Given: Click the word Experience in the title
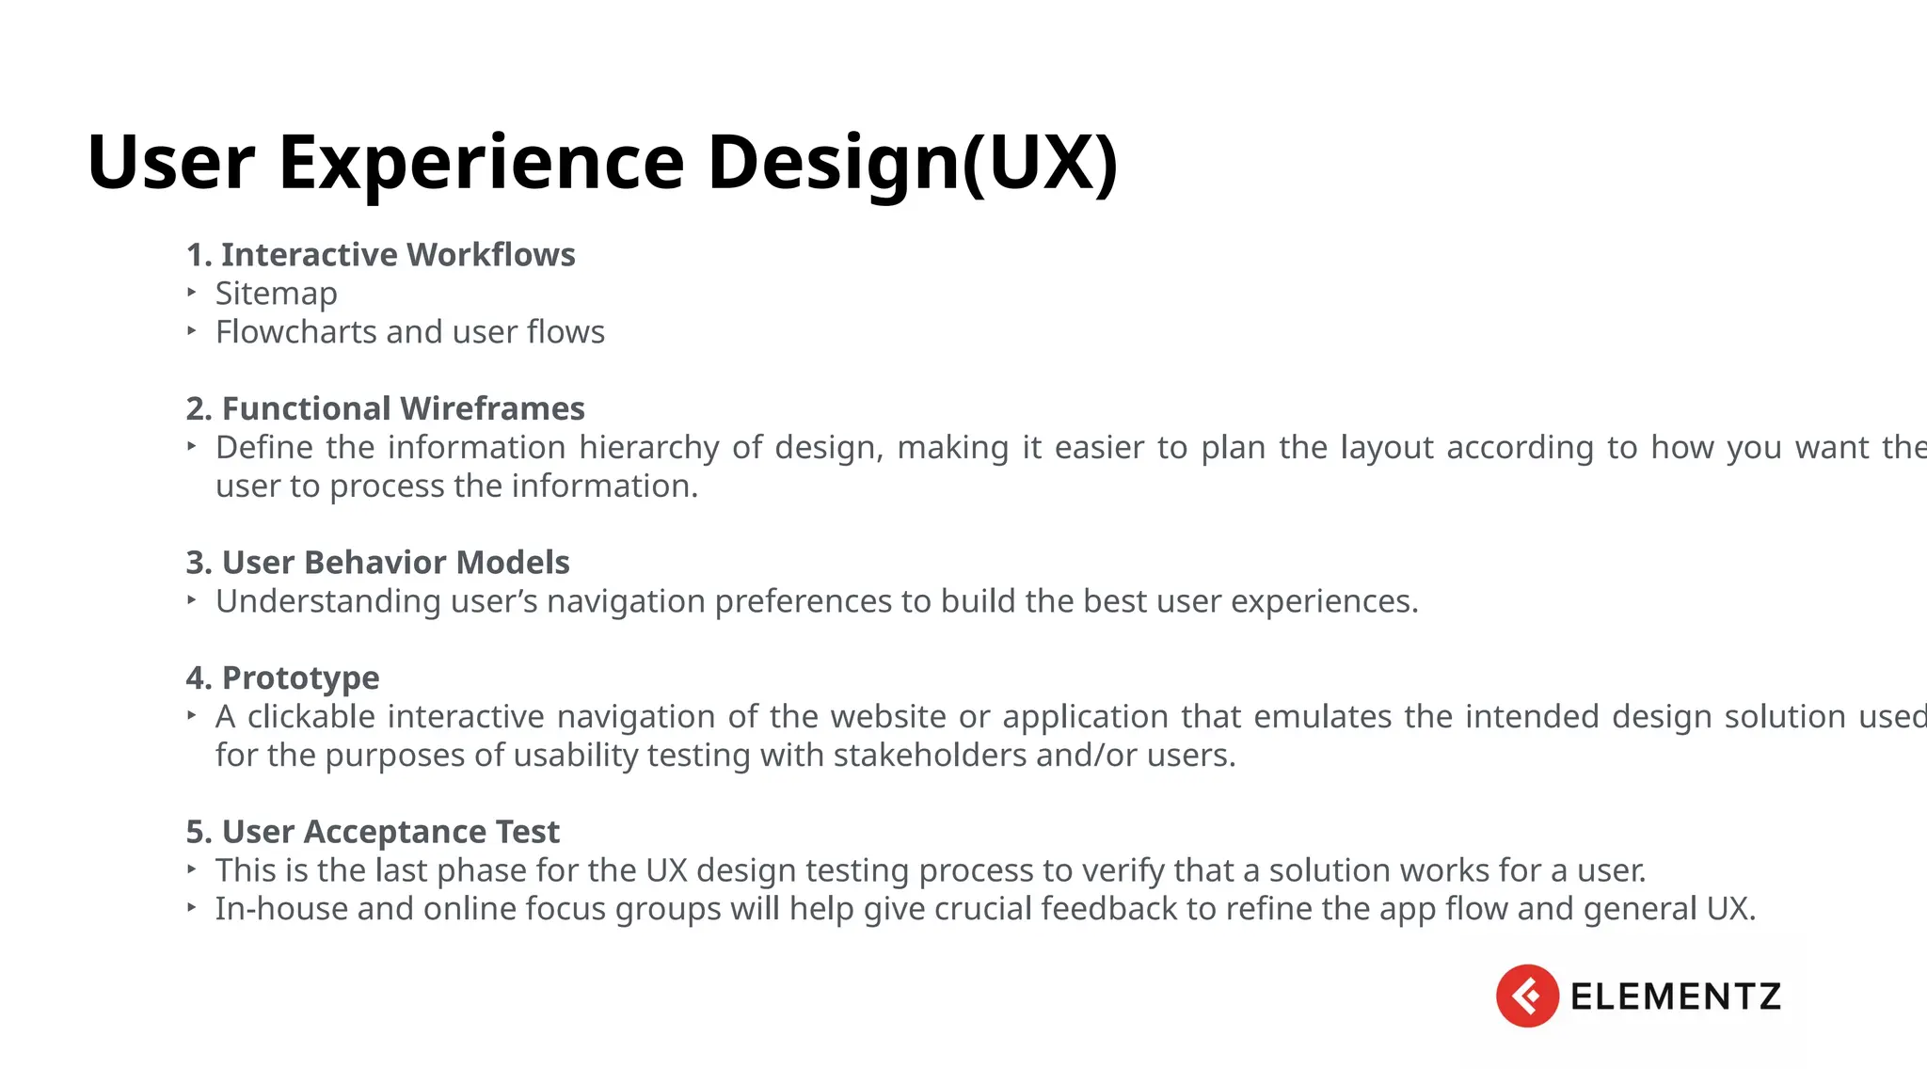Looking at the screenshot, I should point(481,162).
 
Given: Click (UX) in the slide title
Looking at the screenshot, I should point(1039,162).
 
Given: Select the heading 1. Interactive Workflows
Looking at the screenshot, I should point(380,254).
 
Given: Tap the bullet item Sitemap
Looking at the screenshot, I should point(276,294).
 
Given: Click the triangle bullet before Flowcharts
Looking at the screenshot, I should point(192,331).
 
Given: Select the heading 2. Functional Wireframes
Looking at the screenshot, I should point(385,408).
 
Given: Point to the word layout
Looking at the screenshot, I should point(1386,447).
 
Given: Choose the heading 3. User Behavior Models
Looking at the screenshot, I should point(377,562).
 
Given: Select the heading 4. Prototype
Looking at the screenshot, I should point(282,677).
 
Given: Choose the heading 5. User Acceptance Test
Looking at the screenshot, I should point(373,832).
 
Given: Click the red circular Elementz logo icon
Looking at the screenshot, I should point(1526,996).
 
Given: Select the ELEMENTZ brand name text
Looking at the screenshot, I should point(1675,996).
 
